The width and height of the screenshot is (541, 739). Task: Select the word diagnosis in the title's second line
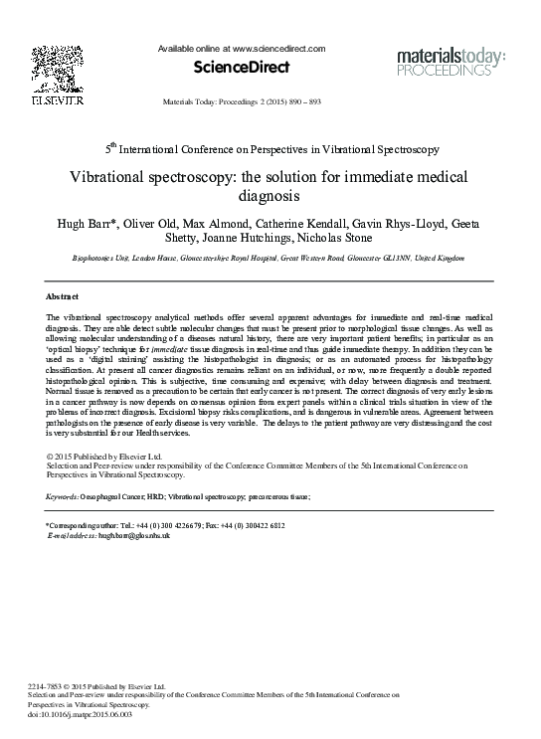tap(270, 197)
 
